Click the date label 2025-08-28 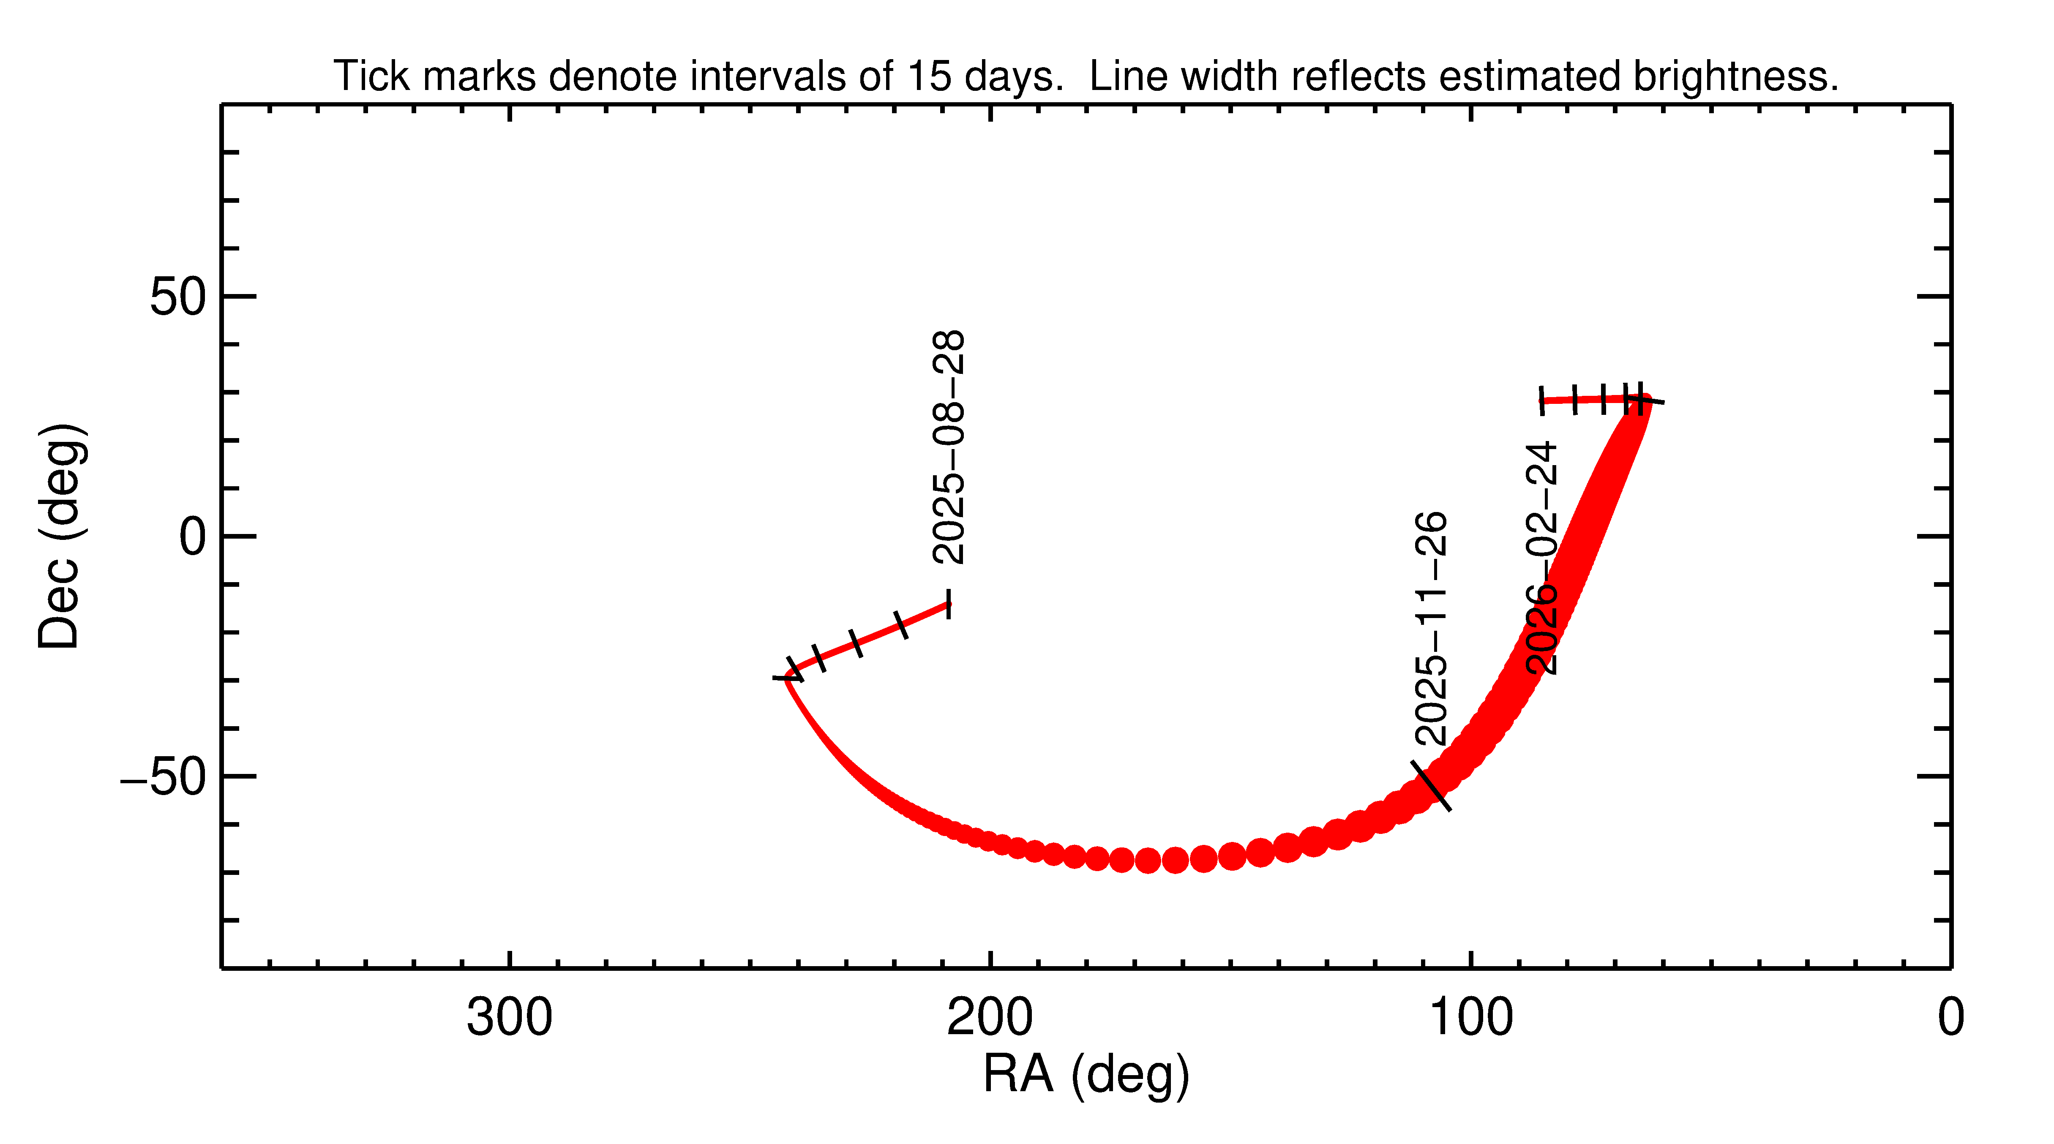949,448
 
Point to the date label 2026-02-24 1541,558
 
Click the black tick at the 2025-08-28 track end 948,604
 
